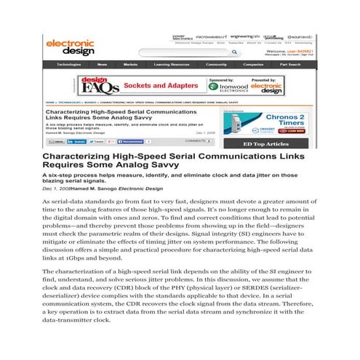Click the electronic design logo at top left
[x=71, y=47]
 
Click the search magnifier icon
[x=231, y=52]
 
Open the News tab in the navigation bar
[x=103, y=65]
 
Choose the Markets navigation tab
[x=130, y=65]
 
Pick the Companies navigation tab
[x=253, y=65]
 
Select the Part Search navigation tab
[x=290, y=65]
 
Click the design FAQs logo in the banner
[x=95, y=84]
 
